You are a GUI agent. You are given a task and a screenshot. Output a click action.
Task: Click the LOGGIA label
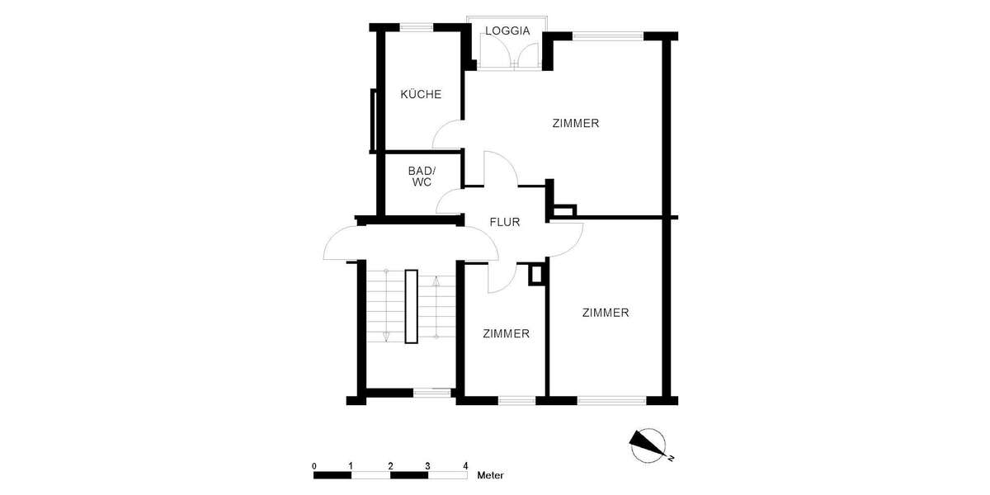tap(507, 31)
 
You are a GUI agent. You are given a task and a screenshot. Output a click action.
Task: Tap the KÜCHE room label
tap(421, 94)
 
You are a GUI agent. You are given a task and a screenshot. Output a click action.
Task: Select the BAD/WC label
tap(420, 177)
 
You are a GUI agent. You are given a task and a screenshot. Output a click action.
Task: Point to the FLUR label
tap(504, 222)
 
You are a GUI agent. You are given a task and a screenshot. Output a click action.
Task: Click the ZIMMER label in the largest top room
tap(575, 124)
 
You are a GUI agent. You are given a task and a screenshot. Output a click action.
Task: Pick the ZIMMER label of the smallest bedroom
tap(506, 334)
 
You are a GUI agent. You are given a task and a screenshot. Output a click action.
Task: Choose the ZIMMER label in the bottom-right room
tap(606, 313)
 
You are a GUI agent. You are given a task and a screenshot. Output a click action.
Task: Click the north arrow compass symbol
tap(648, 445)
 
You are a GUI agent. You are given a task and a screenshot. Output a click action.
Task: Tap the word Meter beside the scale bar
tap(491, 476)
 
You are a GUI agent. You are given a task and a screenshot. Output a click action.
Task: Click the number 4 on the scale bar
tap(465, 466)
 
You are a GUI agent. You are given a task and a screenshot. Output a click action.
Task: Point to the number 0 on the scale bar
tap(314, 466)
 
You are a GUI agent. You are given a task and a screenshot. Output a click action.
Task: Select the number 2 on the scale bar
tap(390, 466)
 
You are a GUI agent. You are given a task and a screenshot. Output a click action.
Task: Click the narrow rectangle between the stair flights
tap(412, 306)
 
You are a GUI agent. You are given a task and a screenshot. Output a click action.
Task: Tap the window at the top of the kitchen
tap(417, 27)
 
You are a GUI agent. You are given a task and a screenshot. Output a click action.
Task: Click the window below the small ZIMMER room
tap(517, 401)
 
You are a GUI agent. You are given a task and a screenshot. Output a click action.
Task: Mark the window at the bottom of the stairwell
tap(432, 393)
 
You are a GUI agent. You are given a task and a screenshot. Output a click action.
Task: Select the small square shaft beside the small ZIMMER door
tap(536, 274)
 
